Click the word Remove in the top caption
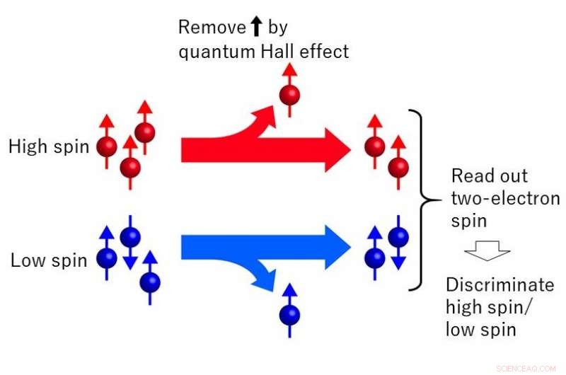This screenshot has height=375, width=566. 206,28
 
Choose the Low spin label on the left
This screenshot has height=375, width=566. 49,260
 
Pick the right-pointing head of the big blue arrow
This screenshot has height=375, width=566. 333,247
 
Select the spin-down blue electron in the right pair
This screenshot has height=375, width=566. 399,240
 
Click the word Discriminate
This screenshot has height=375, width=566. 499,285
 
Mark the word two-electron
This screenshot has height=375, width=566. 505,199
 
